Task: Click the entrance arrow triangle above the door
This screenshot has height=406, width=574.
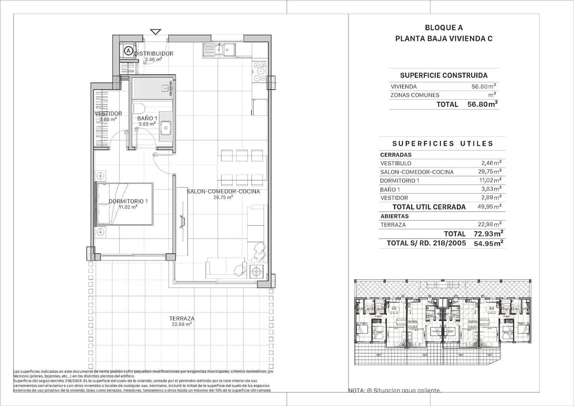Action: tap(155, 32)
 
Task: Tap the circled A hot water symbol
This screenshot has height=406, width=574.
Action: tap(128, 51)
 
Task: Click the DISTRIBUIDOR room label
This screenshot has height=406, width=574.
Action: tap(154, 54)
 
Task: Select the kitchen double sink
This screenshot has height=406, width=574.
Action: tap(219, 50)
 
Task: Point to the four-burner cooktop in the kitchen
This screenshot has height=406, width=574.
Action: tap(259, 71)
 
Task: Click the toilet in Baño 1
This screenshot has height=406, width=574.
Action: tap(138, 108)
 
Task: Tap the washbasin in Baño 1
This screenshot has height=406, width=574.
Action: tap(166, 127)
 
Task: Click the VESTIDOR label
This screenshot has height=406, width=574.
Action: tap(108, 114)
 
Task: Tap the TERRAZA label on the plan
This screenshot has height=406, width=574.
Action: tap(182, 318)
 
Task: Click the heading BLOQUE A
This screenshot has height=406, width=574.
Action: tap(443, 28)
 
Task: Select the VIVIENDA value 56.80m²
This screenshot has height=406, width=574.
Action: tap(483, 86)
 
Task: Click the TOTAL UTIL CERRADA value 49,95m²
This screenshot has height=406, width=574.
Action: tap(489, 207)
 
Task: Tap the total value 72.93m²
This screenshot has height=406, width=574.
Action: tap(488, 234)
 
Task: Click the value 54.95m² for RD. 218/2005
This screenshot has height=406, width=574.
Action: tap(488, 243)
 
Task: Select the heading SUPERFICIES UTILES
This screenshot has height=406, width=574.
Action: tap(442, 143)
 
